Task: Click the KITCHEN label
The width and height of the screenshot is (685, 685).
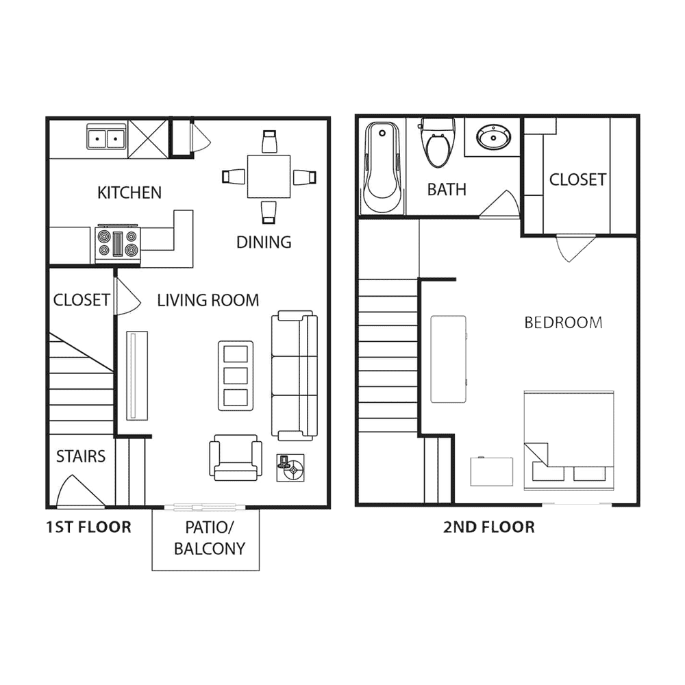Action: pyautogui.click(x=129, y=192)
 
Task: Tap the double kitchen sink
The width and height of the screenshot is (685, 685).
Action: pyautogui.click(x=106, y=136)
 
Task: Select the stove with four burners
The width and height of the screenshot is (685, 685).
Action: pyautogui.click(x=118, y=244)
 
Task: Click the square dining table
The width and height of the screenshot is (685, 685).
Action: pyautogui.click(x=269, y=177)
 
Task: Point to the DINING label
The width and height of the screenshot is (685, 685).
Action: pyautogui.click(x=264, y=242)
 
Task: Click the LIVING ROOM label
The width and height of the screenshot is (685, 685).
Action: pyautogui.click(x=208, y=301)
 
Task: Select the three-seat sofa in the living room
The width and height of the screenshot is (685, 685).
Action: pyautogui.click(x=295, y=375)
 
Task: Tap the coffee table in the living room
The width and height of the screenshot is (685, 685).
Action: pyautogui.click(x=236, y=375)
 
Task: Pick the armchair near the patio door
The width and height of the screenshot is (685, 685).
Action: pyautogui.click(x=236, y=458)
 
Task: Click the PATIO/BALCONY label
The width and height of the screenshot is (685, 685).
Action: pyautogui.click(x=210, y=538)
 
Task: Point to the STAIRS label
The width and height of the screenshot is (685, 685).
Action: pyautogui.click(x=81, y=456)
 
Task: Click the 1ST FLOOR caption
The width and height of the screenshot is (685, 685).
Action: pyautogui.click(x=88, y=527)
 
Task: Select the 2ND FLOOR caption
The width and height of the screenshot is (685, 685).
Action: pyautogui.click(x=489, y=527)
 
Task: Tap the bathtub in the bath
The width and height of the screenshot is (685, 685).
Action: pyautogui.click(x=383, y=167)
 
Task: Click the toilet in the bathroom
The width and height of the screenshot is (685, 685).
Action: pyautogui.click(x=437, y=143)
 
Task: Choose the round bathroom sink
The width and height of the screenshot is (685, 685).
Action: pyautogui.click(x=493, y=137)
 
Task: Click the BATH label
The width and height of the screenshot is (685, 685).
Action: pyautogui.click(x=447, y=190)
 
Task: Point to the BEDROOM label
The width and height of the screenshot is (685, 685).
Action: pyautogui.click(x=563, y=323)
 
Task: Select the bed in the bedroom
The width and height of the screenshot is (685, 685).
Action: pyautogui.click(x=569, y=440)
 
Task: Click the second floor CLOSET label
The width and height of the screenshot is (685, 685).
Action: pyautogui.click(x=577, y=179)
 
